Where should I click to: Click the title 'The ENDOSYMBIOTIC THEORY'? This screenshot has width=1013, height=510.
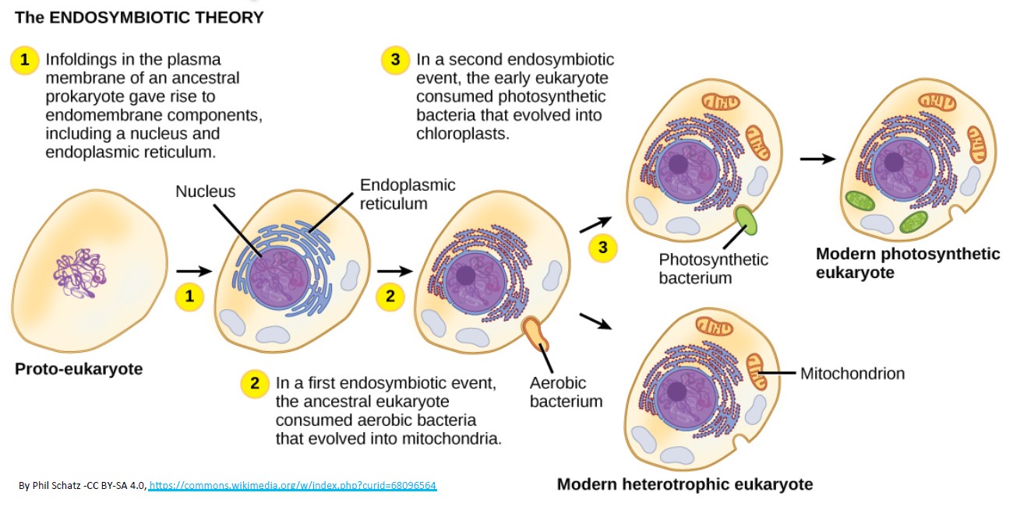tap(139, 18)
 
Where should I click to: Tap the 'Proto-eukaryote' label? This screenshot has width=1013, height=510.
tap(79, 369)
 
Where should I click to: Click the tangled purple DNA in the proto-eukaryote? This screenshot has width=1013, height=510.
tap(79, 273)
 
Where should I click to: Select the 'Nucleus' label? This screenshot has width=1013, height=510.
tap(205, 192)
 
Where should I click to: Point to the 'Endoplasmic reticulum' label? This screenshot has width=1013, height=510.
tap(408, 194)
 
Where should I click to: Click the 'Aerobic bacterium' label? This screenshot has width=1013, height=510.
tap(566, 392)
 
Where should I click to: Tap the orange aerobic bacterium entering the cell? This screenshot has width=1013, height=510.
tap(535, 333)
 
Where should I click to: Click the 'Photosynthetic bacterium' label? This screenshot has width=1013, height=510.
tap(713, 269)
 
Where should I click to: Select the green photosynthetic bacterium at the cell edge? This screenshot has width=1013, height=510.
tap(746, 220)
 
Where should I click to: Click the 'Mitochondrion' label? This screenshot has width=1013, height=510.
tap(852, 374)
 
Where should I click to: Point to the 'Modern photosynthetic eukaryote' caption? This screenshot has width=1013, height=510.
tap(908, 263)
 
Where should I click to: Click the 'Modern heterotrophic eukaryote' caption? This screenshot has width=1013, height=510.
tap(685, 484)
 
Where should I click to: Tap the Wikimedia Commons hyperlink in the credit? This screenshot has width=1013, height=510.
tap(292, 486)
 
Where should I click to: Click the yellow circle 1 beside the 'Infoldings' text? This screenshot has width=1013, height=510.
tap(24, 60)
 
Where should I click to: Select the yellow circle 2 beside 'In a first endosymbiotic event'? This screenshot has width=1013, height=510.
tap(255, 384)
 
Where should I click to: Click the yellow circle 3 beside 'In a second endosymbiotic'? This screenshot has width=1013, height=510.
tap(395, 60)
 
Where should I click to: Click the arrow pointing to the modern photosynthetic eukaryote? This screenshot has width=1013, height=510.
tap(817, 159)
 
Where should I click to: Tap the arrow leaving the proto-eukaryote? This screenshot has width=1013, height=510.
tap(194, 271)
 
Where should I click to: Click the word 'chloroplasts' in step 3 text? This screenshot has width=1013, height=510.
tap(463, 134)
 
